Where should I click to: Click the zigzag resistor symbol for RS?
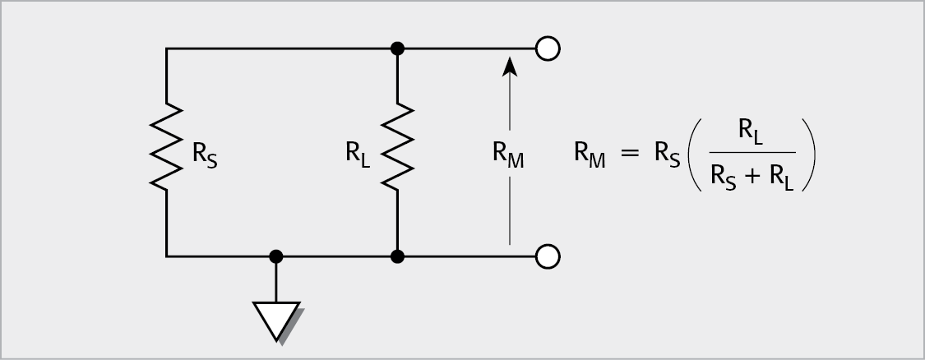coord(167,148)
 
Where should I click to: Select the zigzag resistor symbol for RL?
coord(398,148)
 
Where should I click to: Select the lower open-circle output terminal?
coord(548,256)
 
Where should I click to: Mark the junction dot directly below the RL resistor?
coord(398,256)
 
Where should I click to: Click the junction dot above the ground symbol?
coord(276,256)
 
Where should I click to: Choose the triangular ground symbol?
coord(276,320)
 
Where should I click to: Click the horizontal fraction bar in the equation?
coord(751,153)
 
